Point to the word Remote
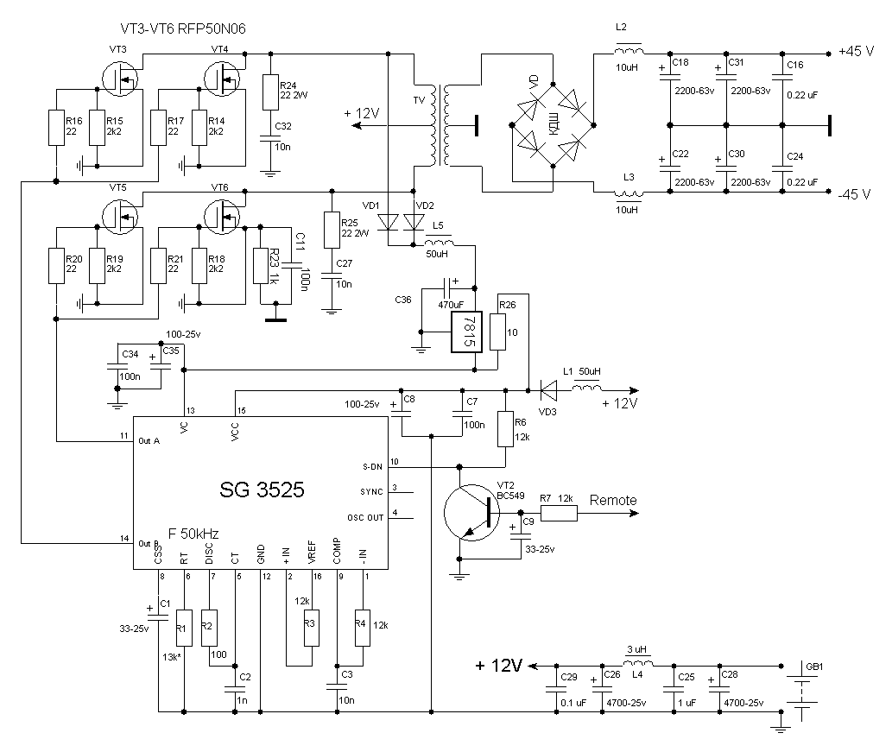[x=613, y=500]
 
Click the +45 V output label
[x=856, y=51]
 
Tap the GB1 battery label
[x=814, y=667]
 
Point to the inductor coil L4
[x=639, y=664]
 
